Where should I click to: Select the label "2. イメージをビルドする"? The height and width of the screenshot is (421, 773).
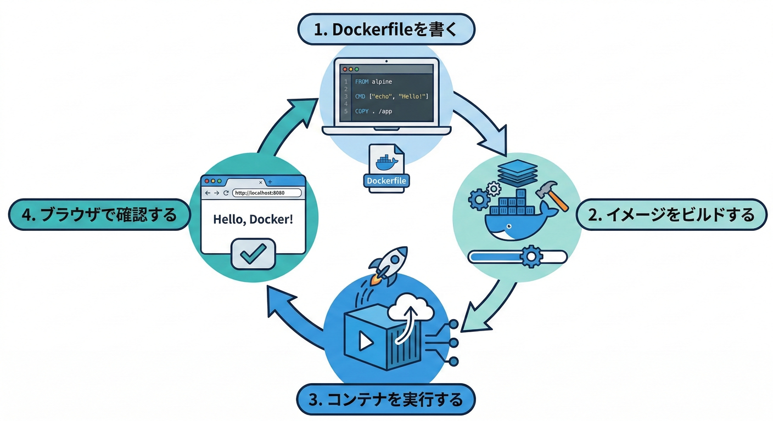[671, 215]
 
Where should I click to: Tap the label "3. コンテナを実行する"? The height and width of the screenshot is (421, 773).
[386, 399]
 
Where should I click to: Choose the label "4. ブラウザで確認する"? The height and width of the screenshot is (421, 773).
[100, 214]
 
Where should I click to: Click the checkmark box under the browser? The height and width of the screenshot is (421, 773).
[253, 254]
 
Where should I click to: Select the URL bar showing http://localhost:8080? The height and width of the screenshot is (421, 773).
[267, 193]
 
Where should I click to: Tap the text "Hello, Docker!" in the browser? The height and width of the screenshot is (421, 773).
[253, 219]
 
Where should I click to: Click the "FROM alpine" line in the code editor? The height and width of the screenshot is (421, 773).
[373, 82]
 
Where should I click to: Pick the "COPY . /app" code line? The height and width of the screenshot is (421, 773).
[373, 111]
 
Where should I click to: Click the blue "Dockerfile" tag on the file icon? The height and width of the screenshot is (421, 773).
[386, 180]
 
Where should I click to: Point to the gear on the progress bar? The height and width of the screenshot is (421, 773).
[530, 256]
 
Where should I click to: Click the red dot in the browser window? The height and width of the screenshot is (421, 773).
[206, 181]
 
